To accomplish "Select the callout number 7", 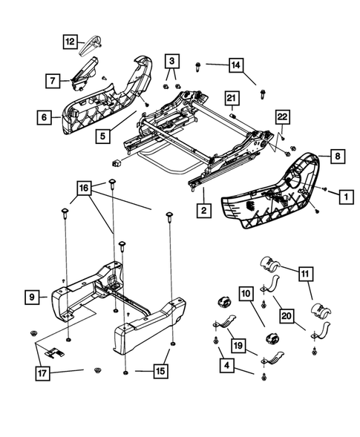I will click(54, 79).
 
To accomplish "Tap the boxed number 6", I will click(44, 116).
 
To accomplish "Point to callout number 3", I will click(171, 59).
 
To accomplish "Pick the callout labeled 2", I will click(202, 211).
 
